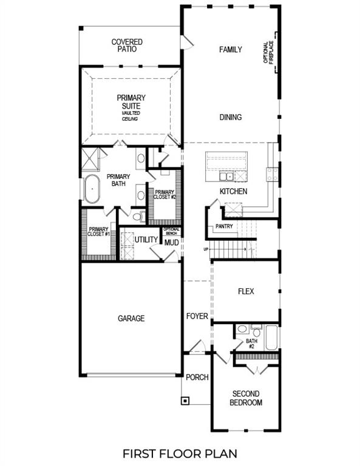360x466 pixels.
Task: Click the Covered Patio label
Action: pyautogui.click(x=127, y=46)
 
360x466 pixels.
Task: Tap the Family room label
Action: pyautogui.click(x=231, y=50)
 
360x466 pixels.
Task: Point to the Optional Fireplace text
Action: pyautogui.click(x=267, y=55)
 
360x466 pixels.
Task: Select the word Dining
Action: pyautogui.click(x=231, y=118)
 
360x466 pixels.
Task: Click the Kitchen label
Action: pyautogui.click(x=233, y=192)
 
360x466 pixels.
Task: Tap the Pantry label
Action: pyautogui.click(x=223, y=227)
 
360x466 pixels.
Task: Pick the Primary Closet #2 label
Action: pyautogui.click(x=165, y=194)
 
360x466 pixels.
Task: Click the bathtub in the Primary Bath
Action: pyautogui.click(x=92, y=189)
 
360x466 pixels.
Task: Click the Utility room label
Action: pyautogui.click(x=146, y=240)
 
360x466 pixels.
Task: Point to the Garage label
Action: pyautogui.click(x=131, y=318)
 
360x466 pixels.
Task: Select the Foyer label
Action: pyautogui.click(x=197, y=316)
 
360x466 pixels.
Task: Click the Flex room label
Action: pyautogui.click(x=246, y=291)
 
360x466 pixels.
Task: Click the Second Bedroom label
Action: pyautogui.click(x=247, y=398)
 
